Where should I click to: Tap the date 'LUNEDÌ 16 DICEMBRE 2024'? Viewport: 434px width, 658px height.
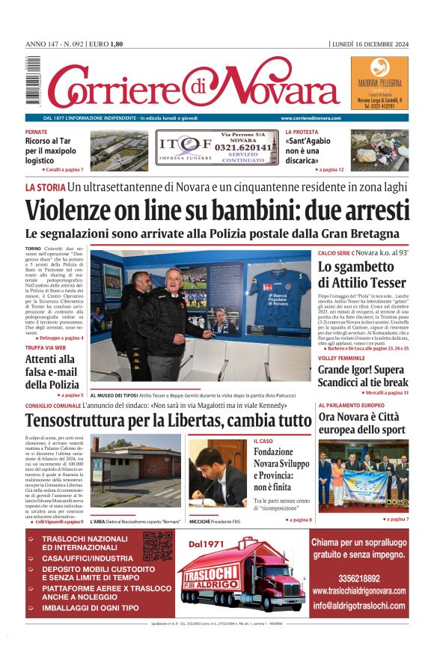click(x=370, y=44)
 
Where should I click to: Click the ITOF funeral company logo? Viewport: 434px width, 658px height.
click(x=176, y=147)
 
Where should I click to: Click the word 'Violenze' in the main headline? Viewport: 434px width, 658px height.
click(x=76, y=212)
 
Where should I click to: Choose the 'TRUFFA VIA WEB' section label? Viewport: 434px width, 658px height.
click(x=45, y=347)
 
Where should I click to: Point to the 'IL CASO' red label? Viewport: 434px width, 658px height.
click(x=263, y=442)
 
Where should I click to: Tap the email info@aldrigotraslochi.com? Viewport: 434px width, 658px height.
click(x=359, y=606)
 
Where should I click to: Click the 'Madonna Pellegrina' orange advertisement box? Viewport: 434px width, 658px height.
click(x=379, y=85)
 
